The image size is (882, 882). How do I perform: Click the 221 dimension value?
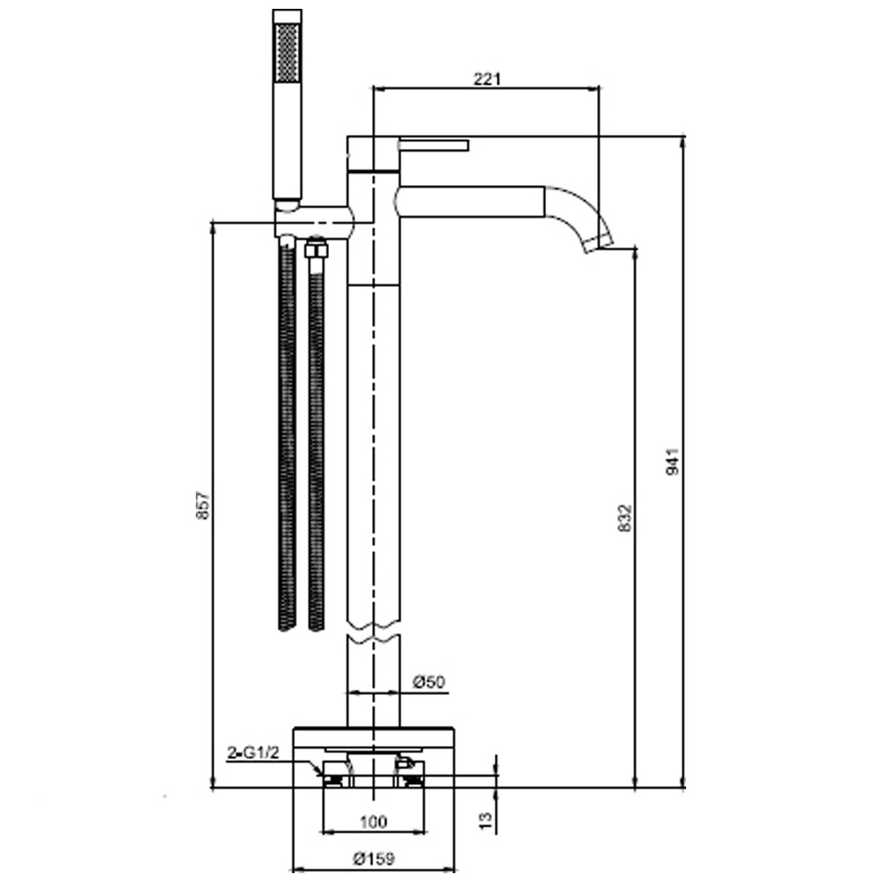487,78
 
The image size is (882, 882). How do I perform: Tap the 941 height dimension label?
673,461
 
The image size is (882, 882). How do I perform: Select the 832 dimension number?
625,518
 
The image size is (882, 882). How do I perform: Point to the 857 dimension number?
203,505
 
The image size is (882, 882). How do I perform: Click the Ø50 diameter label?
429,683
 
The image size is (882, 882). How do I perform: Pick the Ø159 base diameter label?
373,859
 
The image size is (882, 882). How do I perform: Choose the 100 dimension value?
373,822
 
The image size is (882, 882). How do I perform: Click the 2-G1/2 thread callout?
252,752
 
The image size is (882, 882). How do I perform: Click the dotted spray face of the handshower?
287,52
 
